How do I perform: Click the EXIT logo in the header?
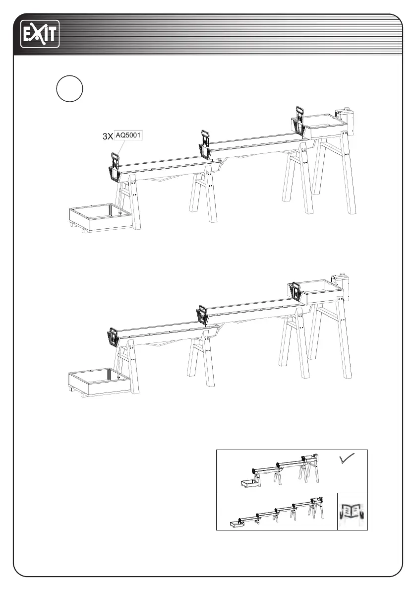(40, 34)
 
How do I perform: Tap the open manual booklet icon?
(353, 512)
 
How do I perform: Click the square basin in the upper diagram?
(100, 217)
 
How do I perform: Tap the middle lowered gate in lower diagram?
(202, 314)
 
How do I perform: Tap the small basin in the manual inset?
(236, 523)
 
